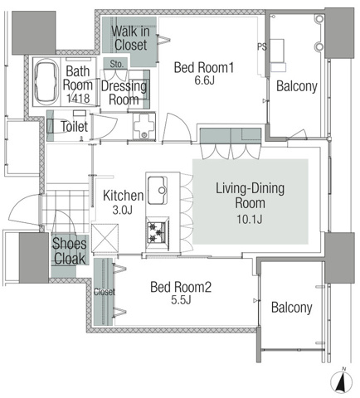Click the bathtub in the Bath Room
[46, 82]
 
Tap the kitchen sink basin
[158, 191]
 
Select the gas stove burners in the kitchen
[158, 232]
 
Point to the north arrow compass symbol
[343, 382]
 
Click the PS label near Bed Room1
[262, 47]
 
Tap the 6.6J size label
[205, 80]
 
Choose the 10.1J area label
[250, 219]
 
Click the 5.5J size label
[181, 299]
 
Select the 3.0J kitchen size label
[123, 210]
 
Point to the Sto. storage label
[116, 64]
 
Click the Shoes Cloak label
[70, 251]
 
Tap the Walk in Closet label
[130, 38]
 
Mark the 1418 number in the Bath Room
[78, 98]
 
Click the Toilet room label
[75, 127]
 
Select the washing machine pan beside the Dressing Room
[144, 126]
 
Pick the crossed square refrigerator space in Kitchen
[105, 238]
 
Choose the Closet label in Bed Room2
[105, 292]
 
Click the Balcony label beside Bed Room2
[292, 308]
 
